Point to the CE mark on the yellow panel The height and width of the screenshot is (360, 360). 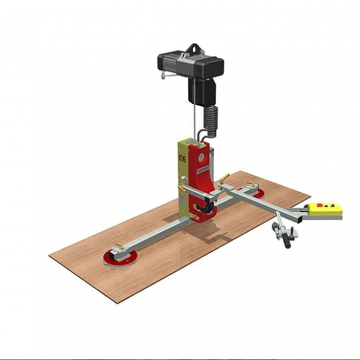181,157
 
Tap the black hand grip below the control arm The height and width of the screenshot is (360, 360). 287,238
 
